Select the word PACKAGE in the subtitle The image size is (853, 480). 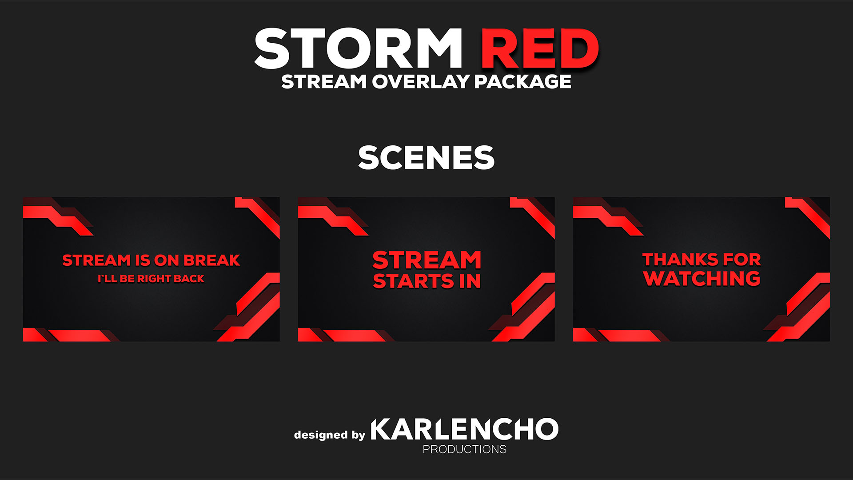(523, 82)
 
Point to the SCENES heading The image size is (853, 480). (426, 158)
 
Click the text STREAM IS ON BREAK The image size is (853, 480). (151, 260)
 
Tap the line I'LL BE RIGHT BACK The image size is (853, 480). (151, 279)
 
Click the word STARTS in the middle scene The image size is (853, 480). (414, 281)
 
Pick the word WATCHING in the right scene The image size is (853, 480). (702, 279)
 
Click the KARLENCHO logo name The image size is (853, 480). (464, 429)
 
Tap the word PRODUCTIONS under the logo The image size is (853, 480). (464, 449)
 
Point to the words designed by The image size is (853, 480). (329, 435)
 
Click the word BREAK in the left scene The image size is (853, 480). (212, 260)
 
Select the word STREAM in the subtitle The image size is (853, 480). (324, 82)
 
